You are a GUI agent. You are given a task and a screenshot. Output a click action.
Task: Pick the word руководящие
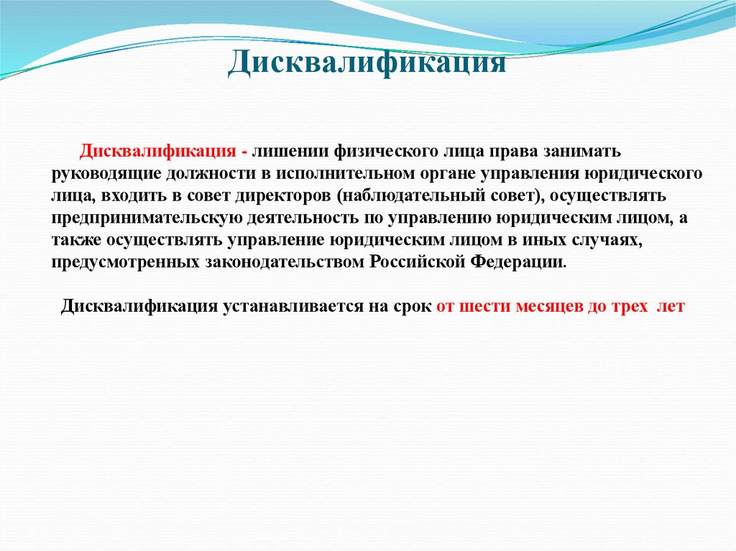pyautogui.click(x=106, y=175)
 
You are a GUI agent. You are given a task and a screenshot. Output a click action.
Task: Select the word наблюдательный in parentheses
pyautogui.click(x=415, y=196)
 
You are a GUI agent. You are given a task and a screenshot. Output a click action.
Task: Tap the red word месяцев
pyautogui.click(x=548, y=306)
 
